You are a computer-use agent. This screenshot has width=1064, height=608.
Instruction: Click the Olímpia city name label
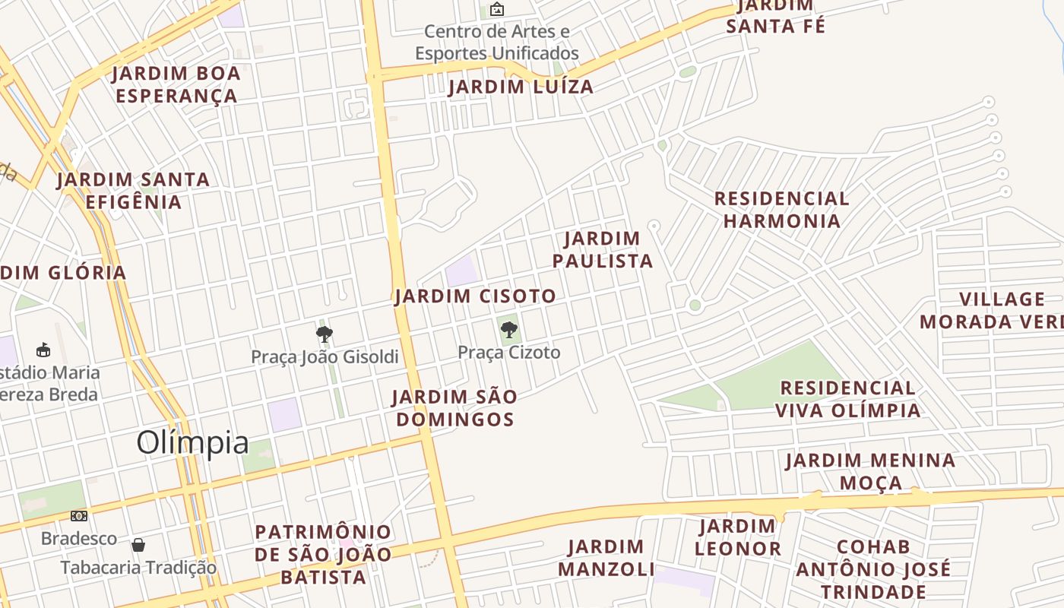point(192,443)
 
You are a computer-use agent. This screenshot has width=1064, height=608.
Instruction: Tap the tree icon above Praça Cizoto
point(508,330)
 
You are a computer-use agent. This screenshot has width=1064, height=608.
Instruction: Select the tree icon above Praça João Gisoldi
point(325,334)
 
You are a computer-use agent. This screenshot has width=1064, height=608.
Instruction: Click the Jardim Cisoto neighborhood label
point(476,296)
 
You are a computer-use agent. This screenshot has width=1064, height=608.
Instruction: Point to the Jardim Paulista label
point(603,250)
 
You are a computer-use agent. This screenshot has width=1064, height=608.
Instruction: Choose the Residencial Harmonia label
point(781,210)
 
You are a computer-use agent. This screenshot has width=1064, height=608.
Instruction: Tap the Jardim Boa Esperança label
point(176,84)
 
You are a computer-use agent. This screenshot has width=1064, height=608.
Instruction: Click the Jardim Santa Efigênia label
point(133,191)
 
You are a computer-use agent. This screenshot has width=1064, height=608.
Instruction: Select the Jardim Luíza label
point(521,87)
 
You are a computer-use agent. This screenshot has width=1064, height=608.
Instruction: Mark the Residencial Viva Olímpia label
point(847,399)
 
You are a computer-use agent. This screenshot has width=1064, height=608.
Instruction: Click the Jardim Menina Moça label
point(870,471)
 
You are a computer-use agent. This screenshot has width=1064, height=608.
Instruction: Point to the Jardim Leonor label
point(737,537)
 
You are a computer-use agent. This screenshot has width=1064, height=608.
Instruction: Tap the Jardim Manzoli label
point(606,558)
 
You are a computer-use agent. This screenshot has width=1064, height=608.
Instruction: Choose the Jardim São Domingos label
point(454,407)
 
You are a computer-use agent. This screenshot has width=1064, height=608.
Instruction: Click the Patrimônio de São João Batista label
point(324,554)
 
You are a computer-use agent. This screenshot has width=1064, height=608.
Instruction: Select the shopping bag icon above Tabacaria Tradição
point(138,545)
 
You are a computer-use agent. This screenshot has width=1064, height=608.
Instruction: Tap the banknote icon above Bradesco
point(79,516)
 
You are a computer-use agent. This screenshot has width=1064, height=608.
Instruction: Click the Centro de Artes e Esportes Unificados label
point(497,43)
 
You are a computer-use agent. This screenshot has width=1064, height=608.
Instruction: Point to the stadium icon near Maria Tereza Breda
point(43,350)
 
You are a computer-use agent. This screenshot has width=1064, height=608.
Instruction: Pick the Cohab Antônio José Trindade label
point(873,569)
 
